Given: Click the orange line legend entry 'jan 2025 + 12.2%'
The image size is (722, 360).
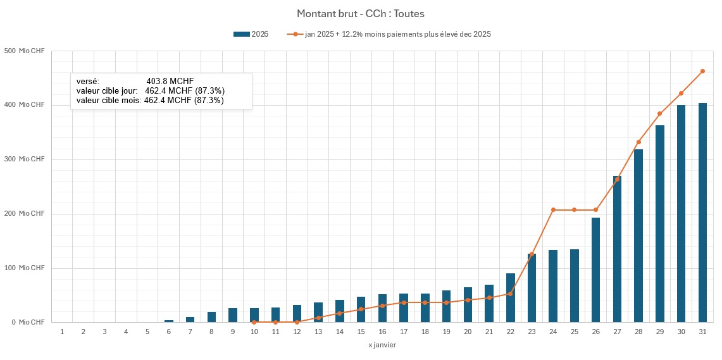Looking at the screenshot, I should click(389, 34).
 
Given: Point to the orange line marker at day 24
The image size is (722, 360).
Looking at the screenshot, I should click(553, 210).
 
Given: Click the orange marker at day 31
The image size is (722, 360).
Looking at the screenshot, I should click(702, 71).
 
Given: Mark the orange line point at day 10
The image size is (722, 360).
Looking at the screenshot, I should click(254, 322).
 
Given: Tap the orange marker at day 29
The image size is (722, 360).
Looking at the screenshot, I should click(659, 114).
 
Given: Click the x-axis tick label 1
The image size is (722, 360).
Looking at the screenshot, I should click(62, 332).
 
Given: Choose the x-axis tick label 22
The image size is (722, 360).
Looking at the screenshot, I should click(510, 332).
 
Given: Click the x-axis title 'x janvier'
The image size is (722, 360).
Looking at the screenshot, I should click(382, 345).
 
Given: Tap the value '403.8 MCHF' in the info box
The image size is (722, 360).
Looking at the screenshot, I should click(170, 82).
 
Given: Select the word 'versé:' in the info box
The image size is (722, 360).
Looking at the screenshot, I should click(87, 82).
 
